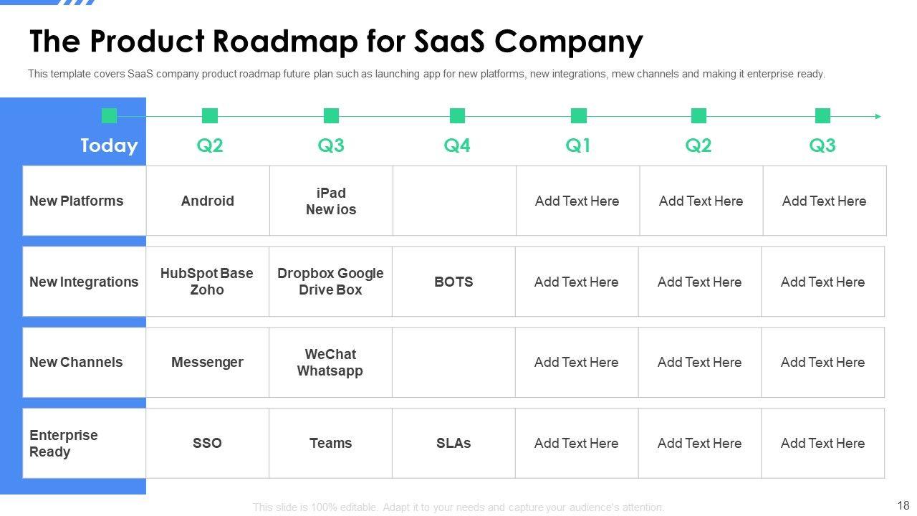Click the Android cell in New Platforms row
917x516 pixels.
coord(208,201)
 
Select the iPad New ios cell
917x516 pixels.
coord(331,201)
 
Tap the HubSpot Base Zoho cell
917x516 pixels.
coord(207,282)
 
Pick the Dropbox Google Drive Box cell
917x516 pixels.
coord(330,282)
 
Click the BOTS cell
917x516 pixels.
coord(453,282)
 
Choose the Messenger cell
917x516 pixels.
coord(207,363)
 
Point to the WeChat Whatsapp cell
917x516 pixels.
coord(330,363)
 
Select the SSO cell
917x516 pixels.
coord(207,443)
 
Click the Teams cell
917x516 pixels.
coord(330,443)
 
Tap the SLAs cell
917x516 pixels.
coord(453,443)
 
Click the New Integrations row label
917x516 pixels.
coord(84,282)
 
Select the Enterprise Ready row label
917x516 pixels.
coord(64,443)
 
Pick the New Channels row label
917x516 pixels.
coord(76,363)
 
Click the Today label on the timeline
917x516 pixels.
coord(109,145)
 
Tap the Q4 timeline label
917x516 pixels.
coord(457,145)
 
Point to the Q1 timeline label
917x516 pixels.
coord(578,145)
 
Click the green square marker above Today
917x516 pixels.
coord(109,115)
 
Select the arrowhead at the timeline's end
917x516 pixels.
coord(878,116)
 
